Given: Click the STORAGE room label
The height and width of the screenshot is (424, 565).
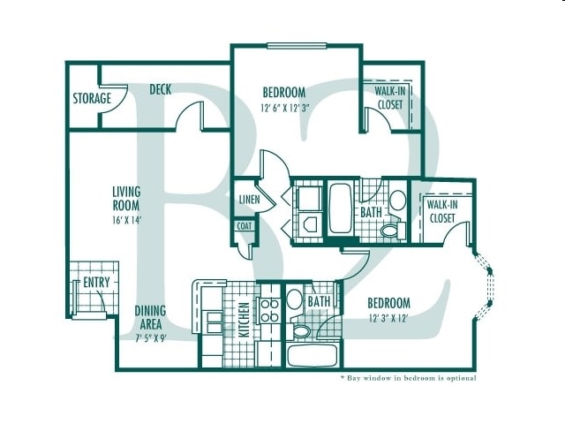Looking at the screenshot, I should click(x=92, y=98).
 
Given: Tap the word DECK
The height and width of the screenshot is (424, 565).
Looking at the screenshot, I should click(x=160, y=89).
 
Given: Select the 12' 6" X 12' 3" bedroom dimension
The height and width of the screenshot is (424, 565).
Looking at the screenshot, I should click(x=283, y=109).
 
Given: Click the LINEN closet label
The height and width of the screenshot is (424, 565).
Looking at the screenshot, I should click(x=248, y=200).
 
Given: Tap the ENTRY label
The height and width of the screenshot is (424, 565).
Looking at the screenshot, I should click(x=95, y=283).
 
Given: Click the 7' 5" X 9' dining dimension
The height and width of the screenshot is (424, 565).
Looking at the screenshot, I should click(x=150, y=338).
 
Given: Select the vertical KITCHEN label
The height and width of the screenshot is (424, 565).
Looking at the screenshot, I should click(x=242, y=322).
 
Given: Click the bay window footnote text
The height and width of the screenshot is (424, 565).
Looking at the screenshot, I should click(x=408, y=378).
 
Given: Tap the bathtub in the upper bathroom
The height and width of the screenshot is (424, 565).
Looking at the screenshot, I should click(x=340, y=208).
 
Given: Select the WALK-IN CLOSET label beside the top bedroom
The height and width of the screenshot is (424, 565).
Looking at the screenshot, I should click(x=389, y=98).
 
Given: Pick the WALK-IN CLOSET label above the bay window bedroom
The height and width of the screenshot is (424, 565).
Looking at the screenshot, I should click(x=441, y=210).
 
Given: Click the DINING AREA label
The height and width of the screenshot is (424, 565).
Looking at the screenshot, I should click(x=150, y=317).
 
